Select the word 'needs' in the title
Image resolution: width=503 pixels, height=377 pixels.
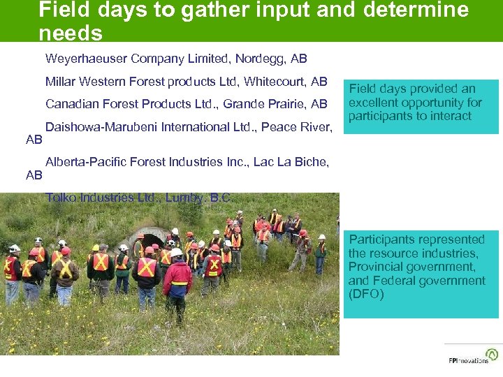pyautogui.click(x=71, y=33)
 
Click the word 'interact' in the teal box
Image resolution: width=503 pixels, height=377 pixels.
pyautogui.click(x=451, y=116)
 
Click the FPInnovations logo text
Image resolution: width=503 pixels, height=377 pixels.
pyautogui.click(x=468, y=360)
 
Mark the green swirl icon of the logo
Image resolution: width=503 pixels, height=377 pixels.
pyautogui.click(x=493, y=354)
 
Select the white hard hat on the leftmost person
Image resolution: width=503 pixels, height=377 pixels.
pyautogui.click(x=14, y=249)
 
